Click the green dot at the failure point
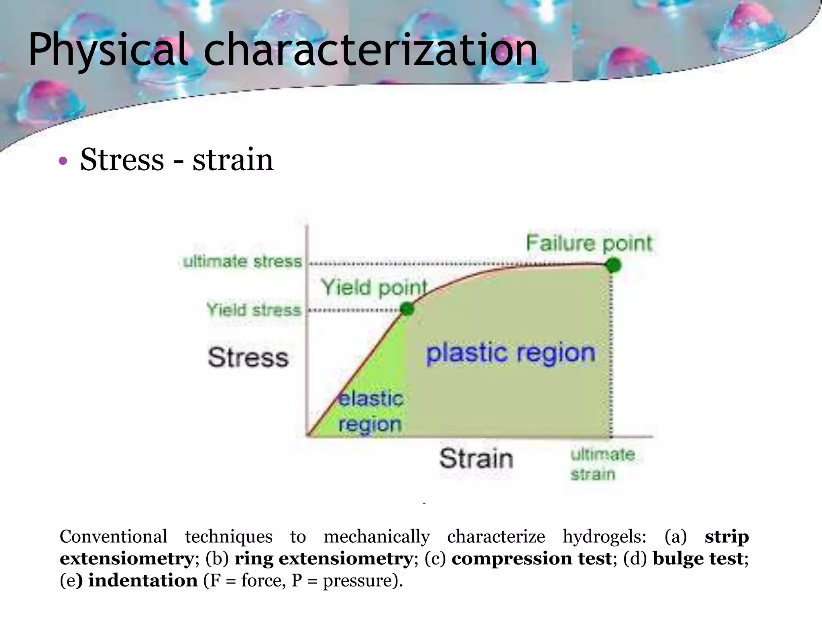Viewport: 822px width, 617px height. pyautogui.click(x=613, y=265)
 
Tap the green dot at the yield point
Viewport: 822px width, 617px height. pyautogui.click(x=407, y=309)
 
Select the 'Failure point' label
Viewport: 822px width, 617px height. pyautogui.click(x=589, y=243)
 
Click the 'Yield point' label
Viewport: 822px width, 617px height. pyautogui.click(x=374, y=288)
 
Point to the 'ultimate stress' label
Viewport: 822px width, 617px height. pyautogui.click(x=242, y=262)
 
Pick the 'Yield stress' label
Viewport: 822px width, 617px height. pyautogui.click(x=254, y=310)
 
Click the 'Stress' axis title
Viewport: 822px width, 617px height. pyautogui.click(x=248, y=358)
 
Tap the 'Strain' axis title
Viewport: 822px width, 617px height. pyautogui.click(x=476, y=458)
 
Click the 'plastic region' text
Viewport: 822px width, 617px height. pyautogui.click(x=511, y=353)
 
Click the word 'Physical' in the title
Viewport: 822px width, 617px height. pyautogui.click(x=108, y=50)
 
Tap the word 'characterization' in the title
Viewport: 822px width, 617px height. pyautogui.click(x=370, y=50)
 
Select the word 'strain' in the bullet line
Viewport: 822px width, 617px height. pyautogui.click(x=233, y=160)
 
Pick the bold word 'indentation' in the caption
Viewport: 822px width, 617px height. pyautogui.click(x=142, y=580)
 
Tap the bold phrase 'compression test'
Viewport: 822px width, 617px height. pyautogui.click(x=531, y=559)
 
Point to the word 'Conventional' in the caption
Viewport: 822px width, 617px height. pyautogui.click(x=113, y=537)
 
